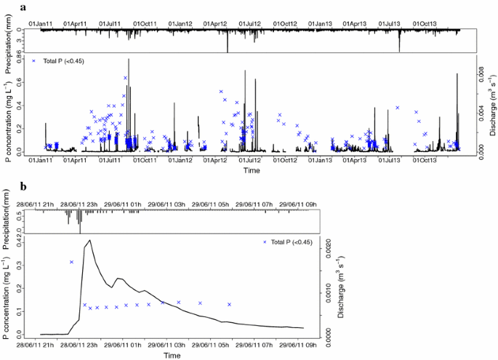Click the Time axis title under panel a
pyautogui.click(x=252, y=170)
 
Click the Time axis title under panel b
pyautogui.click(x=172, y=356)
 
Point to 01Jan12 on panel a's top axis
pyautogui.click(x=180, y=24)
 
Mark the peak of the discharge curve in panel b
pyautogui.click(x=89, y=240)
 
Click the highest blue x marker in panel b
pyautogui.click(x=71, y=262)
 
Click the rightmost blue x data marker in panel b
pyautogui.click(x=230, y=304)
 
